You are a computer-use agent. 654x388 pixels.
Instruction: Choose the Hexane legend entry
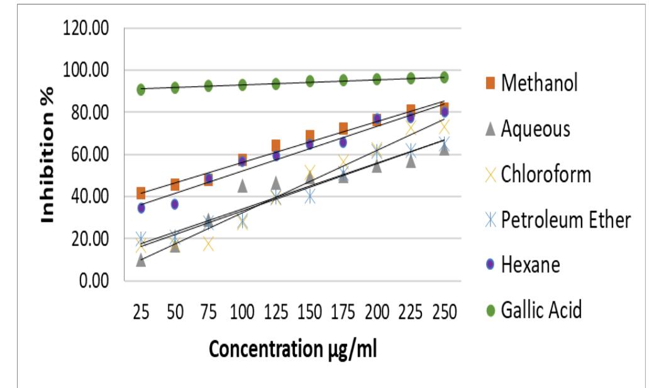pos(529,264)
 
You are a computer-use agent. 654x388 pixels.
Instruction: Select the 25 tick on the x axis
pos(141,312)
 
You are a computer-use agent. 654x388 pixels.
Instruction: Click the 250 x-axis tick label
pos(444,312)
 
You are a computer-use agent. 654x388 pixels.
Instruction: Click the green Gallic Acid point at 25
pos(141,89)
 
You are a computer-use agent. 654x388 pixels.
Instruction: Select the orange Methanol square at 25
pos(141,193)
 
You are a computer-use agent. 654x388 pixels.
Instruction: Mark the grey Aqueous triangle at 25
pos(141,260)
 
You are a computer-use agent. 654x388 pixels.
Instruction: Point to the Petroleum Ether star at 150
pos(309,197)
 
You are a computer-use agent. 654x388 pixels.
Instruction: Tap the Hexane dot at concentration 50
pos(175,205)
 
